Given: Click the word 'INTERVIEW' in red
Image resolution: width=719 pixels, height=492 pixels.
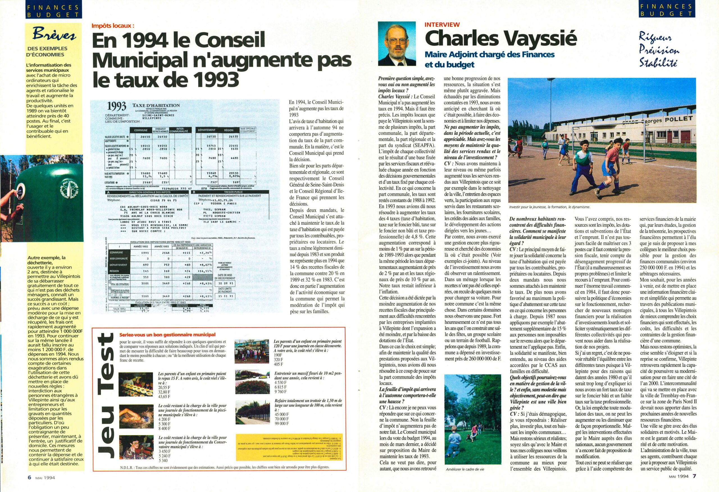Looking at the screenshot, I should pos(442,25).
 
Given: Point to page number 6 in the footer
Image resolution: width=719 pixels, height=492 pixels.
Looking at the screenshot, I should pos(30,486).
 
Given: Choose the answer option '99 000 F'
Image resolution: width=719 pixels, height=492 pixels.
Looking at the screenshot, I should pos(281,423).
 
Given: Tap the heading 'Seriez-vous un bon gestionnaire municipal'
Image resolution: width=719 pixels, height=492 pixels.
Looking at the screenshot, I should pos(167,334).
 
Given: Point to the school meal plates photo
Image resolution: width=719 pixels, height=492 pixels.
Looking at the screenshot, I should pos(135,383).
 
